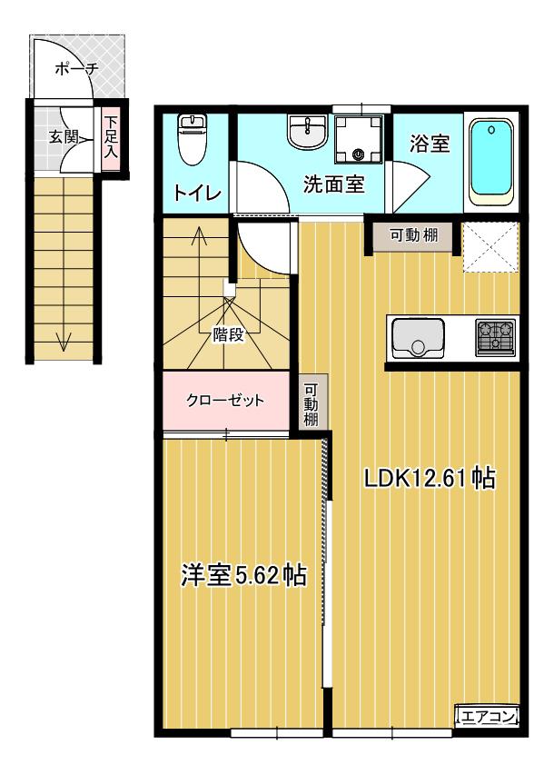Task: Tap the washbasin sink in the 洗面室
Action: click(307, 132)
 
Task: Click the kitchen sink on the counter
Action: click(418, 338)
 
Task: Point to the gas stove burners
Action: click(496, 337)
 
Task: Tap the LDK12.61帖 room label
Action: click(429, 479)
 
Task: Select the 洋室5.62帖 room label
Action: click(243, 575)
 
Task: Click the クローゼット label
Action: click(225, 400)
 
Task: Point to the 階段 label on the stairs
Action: click(229, 335)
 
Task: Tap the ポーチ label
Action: click(76, 68)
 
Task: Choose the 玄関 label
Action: click(64, 137)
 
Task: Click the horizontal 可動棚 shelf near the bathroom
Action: click(413, 235)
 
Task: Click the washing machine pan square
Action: click(359, 139)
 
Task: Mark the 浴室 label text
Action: click(430, 144)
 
